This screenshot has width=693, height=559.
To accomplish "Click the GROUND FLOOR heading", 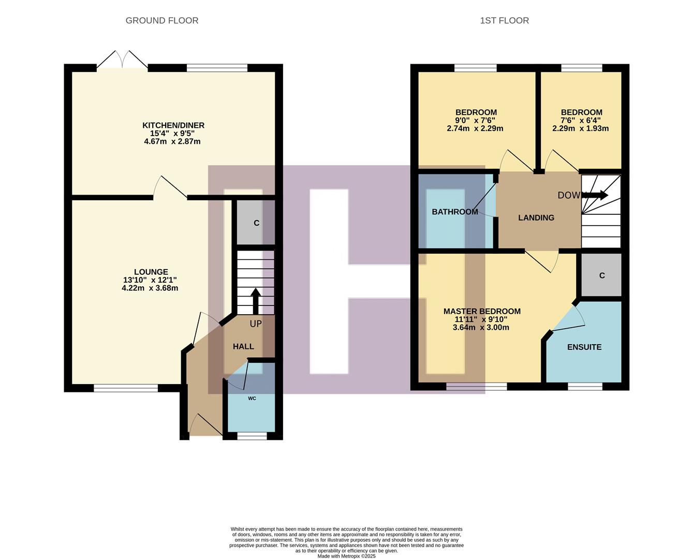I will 162,21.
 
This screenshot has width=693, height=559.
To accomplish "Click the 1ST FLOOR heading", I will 504,21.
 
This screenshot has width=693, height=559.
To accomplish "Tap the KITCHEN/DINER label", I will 173,125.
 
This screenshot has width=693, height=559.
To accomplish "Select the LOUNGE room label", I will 151,272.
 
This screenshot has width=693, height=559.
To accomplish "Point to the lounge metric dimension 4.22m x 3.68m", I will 150,288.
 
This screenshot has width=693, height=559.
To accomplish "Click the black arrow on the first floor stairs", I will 596,195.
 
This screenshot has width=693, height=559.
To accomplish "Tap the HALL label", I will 243,346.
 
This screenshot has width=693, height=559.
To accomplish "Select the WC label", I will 252,398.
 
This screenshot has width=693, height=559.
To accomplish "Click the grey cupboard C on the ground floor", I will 256,223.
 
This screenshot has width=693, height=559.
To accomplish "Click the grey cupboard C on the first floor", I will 602,275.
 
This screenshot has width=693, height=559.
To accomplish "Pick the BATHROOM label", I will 455,212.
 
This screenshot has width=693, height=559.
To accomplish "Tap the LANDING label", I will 536,218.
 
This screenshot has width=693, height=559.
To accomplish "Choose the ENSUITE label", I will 584,347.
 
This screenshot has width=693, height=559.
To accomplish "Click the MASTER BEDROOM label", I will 482,311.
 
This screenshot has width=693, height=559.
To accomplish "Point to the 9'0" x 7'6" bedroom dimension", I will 476,121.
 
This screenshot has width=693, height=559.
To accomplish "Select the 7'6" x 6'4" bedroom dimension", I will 581,121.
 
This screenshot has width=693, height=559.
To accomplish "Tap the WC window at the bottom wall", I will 252,436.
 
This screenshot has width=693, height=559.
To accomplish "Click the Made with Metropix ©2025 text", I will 346,556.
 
